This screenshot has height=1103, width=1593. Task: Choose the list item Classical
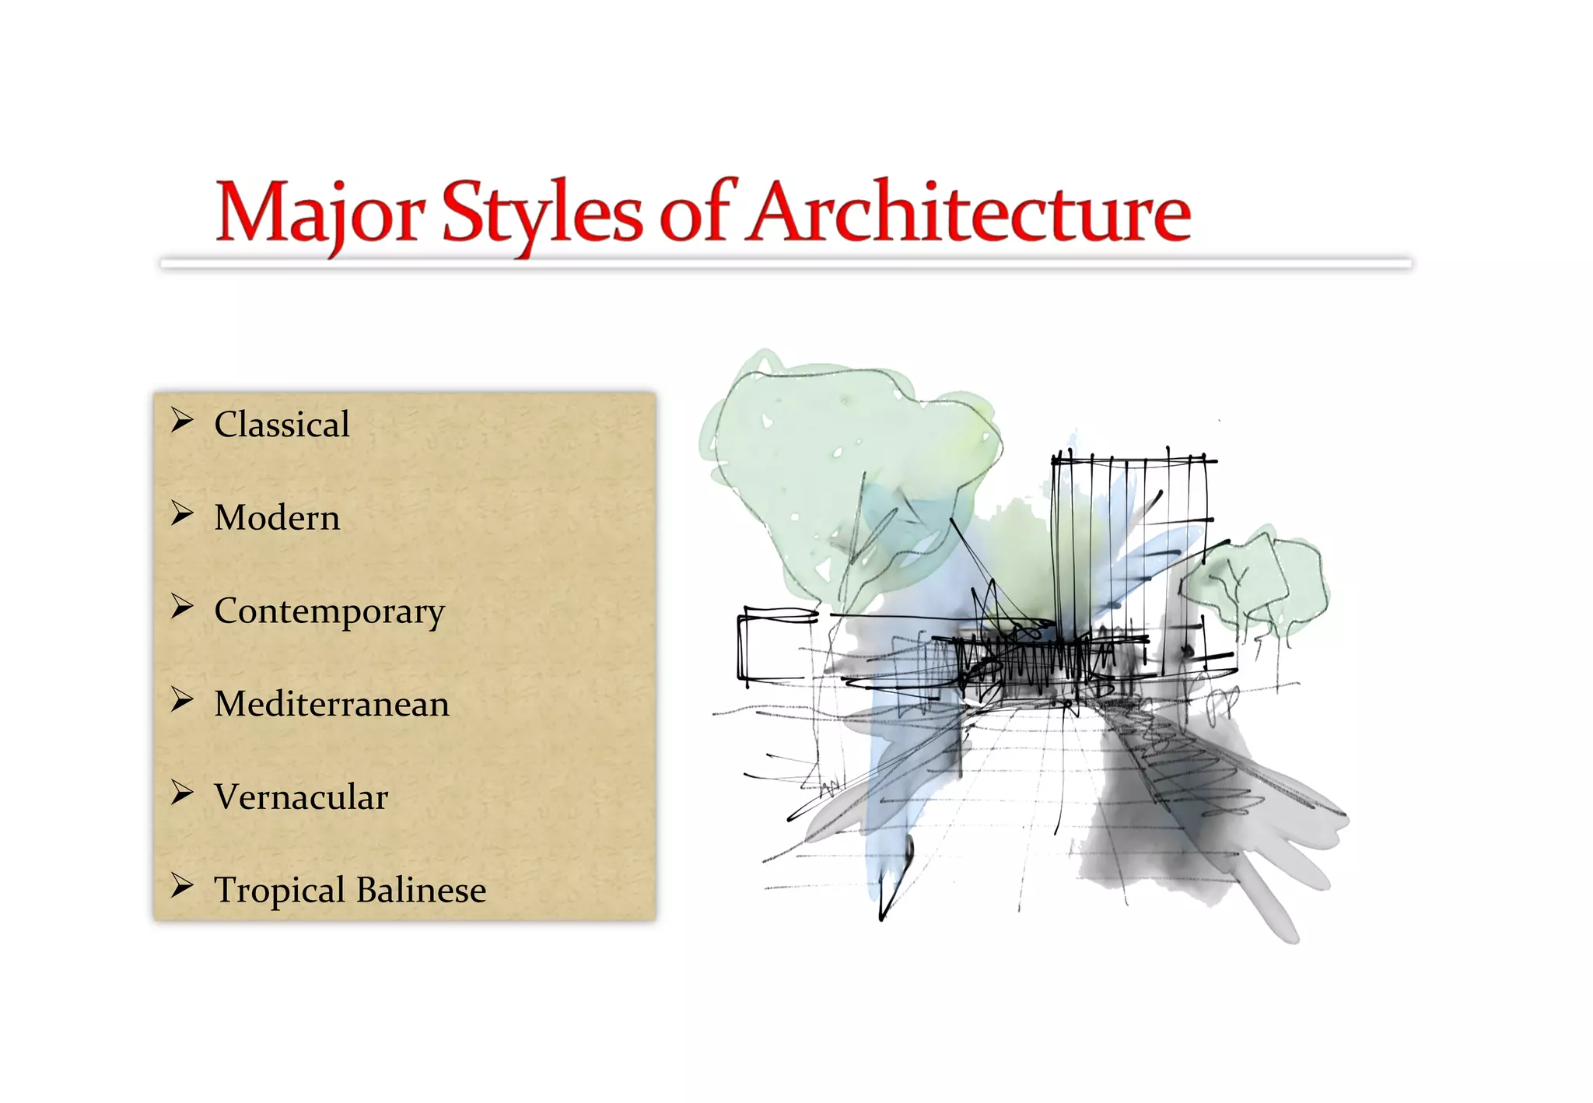(282, 425)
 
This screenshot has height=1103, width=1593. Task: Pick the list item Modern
(277, 518)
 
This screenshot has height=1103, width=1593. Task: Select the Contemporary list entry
(329, 612)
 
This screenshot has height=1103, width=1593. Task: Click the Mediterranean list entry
(331, 704)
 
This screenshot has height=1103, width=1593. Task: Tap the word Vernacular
(301, 797)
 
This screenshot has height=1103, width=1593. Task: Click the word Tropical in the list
(279, 891)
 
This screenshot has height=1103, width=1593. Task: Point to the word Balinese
(421, 890)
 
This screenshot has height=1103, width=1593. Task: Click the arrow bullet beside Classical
(182, 421)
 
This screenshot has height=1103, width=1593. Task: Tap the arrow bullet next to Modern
(182, 513)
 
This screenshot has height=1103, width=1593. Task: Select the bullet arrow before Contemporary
(182, 607)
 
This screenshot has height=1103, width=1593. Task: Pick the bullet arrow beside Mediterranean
(182, 700)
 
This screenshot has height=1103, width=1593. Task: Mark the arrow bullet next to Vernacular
(182, 793)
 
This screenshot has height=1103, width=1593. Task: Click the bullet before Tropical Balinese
(182, 885)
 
